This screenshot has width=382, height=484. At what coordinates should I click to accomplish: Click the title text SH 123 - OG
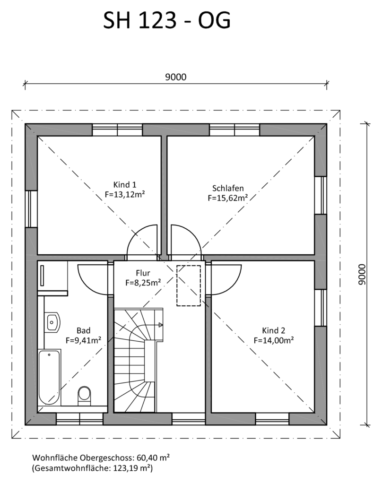167,21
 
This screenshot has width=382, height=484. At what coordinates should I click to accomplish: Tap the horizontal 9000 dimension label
176,77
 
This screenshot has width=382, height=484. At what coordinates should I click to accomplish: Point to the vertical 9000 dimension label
362,275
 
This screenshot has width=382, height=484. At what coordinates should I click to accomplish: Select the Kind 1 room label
125,185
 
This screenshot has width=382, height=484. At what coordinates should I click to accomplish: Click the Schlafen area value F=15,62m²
228,198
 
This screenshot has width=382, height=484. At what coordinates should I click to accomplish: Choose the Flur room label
143,273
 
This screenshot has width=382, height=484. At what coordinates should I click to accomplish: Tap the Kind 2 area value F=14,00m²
274,340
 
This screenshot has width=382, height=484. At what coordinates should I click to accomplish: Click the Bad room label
83,330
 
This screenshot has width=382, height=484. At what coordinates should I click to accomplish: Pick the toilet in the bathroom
84,396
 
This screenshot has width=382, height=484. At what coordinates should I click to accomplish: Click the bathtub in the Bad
50,377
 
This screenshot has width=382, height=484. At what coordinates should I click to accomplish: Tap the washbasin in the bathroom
52,322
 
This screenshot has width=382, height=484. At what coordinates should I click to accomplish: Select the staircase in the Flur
139,360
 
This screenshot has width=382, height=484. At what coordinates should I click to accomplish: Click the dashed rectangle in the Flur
188,285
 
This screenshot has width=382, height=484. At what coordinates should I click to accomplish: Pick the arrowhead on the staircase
161,325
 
